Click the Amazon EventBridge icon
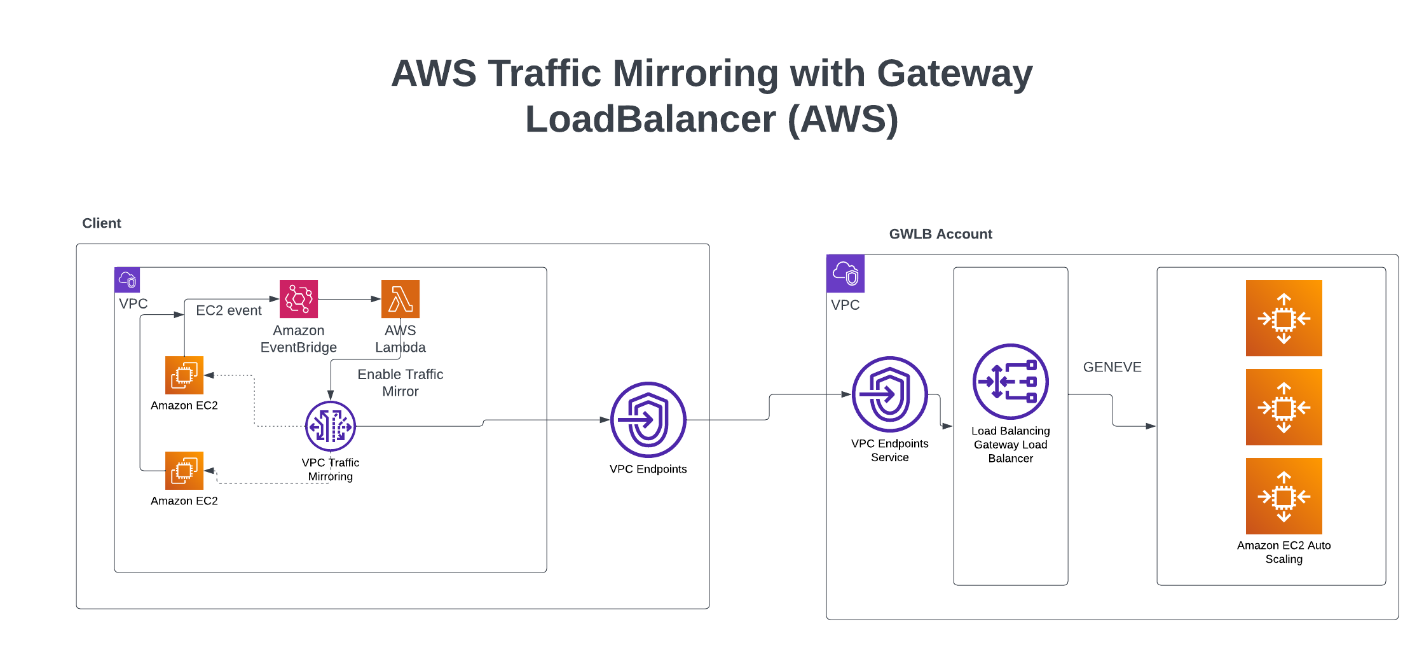299,299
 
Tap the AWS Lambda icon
400,299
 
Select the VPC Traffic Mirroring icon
331,426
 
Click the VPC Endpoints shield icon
648,420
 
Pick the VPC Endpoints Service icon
890,394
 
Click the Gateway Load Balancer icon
1011,382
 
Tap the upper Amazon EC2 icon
184,375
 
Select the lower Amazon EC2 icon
184,471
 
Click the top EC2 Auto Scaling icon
1284,318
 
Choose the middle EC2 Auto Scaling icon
1284,407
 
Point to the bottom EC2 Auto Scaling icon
1284,496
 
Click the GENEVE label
1112,367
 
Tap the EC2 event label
229,310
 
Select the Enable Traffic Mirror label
400,383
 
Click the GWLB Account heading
940,234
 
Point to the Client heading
102,223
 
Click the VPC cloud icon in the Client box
127,280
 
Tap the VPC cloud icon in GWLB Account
845,274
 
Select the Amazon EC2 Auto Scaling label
1284,552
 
